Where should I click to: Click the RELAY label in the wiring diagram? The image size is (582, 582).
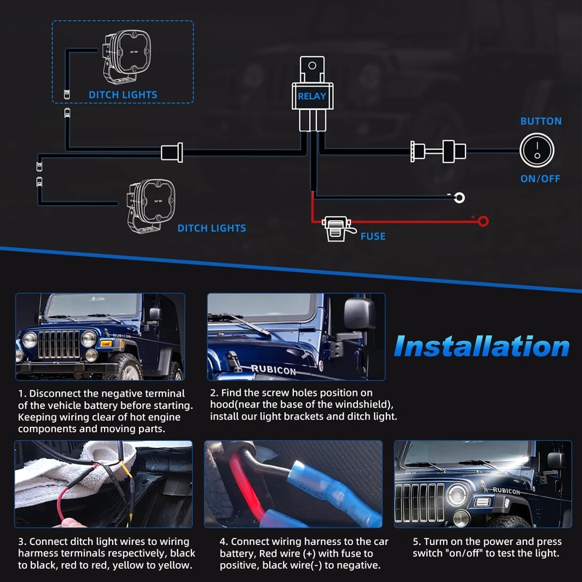[x=312, y=96]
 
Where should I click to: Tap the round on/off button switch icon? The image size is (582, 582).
[x=537, y=151]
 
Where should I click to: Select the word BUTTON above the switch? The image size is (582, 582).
[x=541, y=121]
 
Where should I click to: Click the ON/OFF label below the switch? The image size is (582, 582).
[x=540, y=178]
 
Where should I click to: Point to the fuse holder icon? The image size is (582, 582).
[x=336, y=228]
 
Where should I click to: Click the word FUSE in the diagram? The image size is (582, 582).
[x=373, y=236]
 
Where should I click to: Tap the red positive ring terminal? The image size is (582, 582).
[x=483, y=222]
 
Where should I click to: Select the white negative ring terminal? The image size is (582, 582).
[x=459, y=197]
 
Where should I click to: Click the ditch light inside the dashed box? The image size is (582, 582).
[x=126, y=57]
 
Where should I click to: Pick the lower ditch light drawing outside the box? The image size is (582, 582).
[x=151, y=206]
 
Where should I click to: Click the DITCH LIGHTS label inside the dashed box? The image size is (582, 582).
[x=123, y=95]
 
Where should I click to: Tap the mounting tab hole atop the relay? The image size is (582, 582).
[x=312, y=65]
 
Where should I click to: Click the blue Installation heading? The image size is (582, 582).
[x=482, y=346]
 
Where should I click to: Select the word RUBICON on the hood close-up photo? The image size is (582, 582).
[x=274, y=370]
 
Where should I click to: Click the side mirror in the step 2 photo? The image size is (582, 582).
[x=359, y=314]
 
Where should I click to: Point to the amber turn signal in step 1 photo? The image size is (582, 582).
[x=105, y=343]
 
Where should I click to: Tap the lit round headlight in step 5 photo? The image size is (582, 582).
[x=458, y=495]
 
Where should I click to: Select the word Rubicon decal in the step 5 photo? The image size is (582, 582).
[x=506, y=491]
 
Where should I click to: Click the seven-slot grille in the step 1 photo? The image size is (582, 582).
[x=59, y=344]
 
